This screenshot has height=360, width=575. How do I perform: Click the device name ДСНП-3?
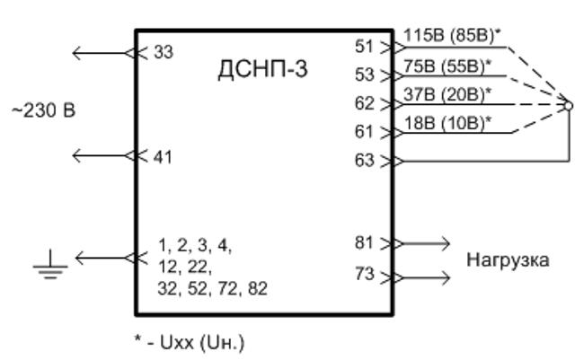click(262, 69)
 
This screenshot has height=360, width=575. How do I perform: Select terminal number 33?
click(164, 52)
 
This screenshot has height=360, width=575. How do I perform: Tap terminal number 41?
click(163, 157)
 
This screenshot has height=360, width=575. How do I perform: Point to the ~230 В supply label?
click(44, 110)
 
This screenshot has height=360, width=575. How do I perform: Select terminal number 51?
click(364, 47)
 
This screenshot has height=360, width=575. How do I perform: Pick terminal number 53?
click(364, 75)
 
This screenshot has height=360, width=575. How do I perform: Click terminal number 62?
click(364, 103)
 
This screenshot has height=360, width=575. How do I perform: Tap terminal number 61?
click(364, 132)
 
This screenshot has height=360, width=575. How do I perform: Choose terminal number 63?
click(364, 160)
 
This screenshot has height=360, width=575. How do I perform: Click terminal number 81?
click(364, 242)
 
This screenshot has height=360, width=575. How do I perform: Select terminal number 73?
click(364, 274)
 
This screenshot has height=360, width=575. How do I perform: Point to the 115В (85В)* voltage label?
click(452, 36)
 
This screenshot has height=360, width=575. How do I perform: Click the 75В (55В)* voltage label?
click(447, 66)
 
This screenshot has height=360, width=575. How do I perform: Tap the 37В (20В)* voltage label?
click(447, 95)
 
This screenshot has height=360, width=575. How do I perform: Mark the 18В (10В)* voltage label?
click(447, 123)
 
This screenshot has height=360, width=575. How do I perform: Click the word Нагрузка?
click(508, 260)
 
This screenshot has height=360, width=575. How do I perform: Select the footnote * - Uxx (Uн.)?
click(190, 343)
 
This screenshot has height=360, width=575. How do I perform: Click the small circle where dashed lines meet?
click(568, 106)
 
